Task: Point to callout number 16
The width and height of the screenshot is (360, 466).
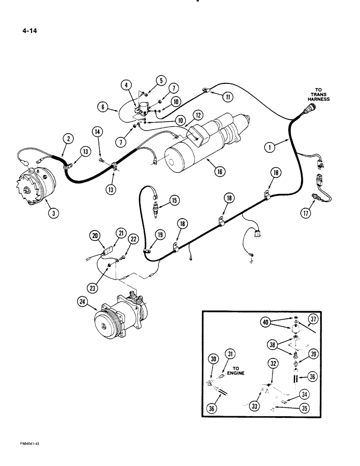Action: tap(217, 171)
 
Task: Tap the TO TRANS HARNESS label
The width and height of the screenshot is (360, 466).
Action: tap(322, 96)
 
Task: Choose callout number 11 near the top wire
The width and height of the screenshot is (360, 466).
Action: tap(228, 97)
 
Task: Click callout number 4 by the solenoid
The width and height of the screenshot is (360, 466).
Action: tap(126, 85)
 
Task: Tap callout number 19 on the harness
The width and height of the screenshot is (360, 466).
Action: tap(160, 235)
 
